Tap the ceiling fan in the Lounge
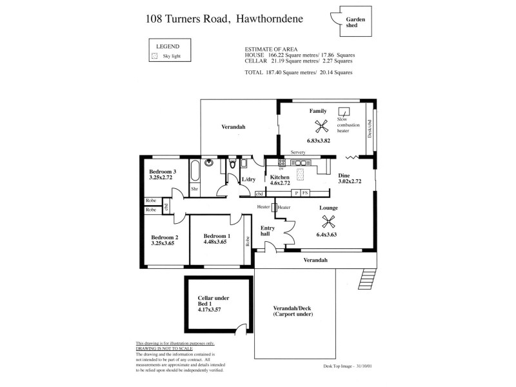[328, 221]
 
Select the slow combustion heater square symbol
[344, 111]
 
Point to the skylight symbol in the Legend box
[154, 57]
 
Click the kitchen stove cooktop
[282, 162]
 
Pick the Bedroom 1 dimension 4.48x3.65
[216, 242]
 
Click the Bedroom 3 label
[162, 171]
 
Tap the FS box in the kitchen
[306, 193]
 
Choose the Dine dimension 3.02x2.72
[350, 182]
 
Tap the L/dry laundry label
[248, 180]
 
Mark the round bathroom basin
[209, 164]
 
